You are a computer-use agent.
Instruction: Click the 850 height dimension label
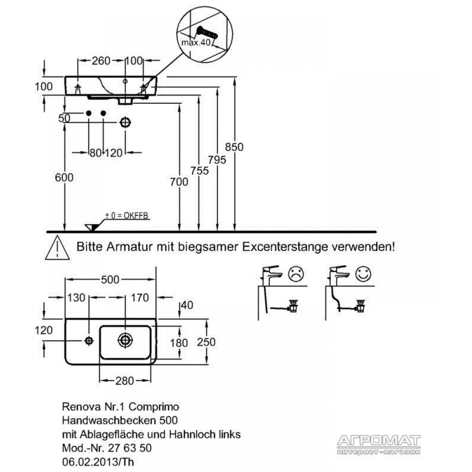(234, 147)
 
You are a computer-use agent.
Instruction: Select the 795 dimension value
(217, 160)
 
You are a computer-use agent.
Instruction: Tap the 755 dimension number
(199, 171)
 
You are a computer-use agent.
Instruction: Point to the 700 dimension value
(179, 182)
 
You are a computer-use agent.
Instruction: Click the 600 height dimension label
(64, 177)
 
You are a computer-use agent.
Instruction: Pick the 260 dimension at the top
(101, 60)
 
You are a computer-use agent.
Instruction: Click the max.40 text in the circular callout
(196, 42)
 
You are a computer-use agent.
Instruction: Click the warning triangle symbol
(57, 248)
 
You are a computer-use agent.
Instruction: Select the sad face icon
(296, 274)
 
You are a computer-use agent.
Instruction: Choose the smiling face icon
(363, 274)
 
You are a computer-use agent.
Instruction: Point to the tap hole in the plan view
(89, 341)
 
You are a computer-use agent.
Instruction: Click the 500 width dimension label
(110, 279)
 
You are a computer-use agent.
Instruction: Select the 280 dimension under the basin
(124, 381)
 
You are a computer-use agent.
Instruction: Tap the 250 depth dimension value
(206, 342)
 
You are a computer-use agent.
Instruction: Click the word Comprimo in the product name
(154, 407)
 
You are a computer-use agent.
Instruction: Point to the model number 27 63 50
(129, 448)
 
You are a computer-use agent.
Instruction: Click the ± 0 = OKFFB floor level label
(126, 216)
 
